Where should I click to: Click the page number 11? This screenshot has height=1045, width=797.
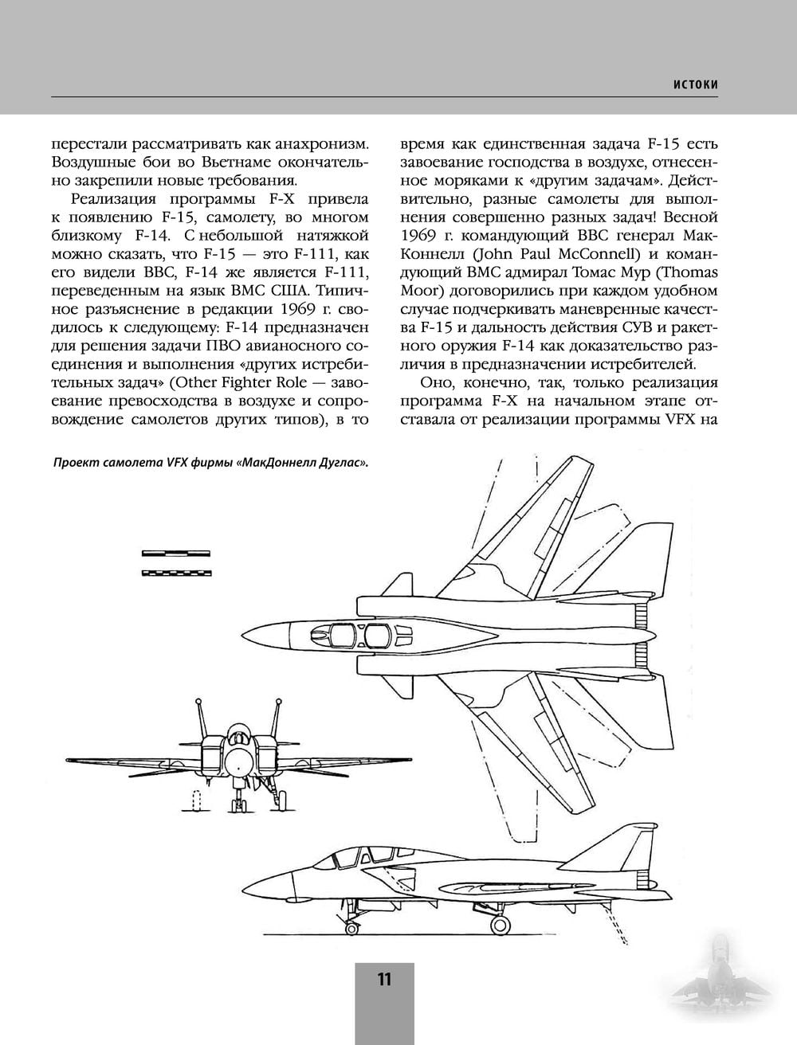384,980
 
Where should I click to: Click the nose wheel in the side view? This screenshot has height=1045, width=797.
350,926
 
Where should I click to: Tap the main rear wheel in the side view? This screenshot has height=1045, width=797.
501,924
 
